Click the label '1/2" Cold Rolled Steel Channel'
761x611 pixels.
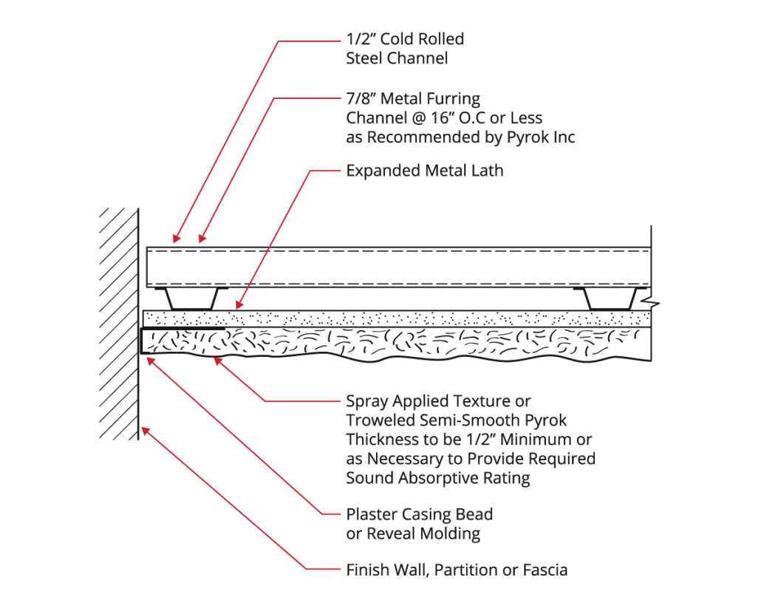[404, 49]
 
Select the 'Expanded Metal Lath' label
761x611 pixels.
[424, 171]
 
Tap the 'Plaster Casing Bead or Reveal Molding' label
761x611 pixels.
[419, 523]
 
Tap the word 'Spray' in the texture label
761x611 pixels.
[366, 403]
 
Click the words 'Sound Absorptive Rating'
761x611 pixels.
[438, 478]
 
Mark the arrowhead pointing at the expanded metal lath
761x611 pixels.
[239, 304]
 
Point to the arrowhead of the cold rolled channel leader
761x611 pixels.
[176, 239]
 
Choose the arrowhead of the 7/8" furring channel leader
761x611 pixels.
[201, 239]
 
